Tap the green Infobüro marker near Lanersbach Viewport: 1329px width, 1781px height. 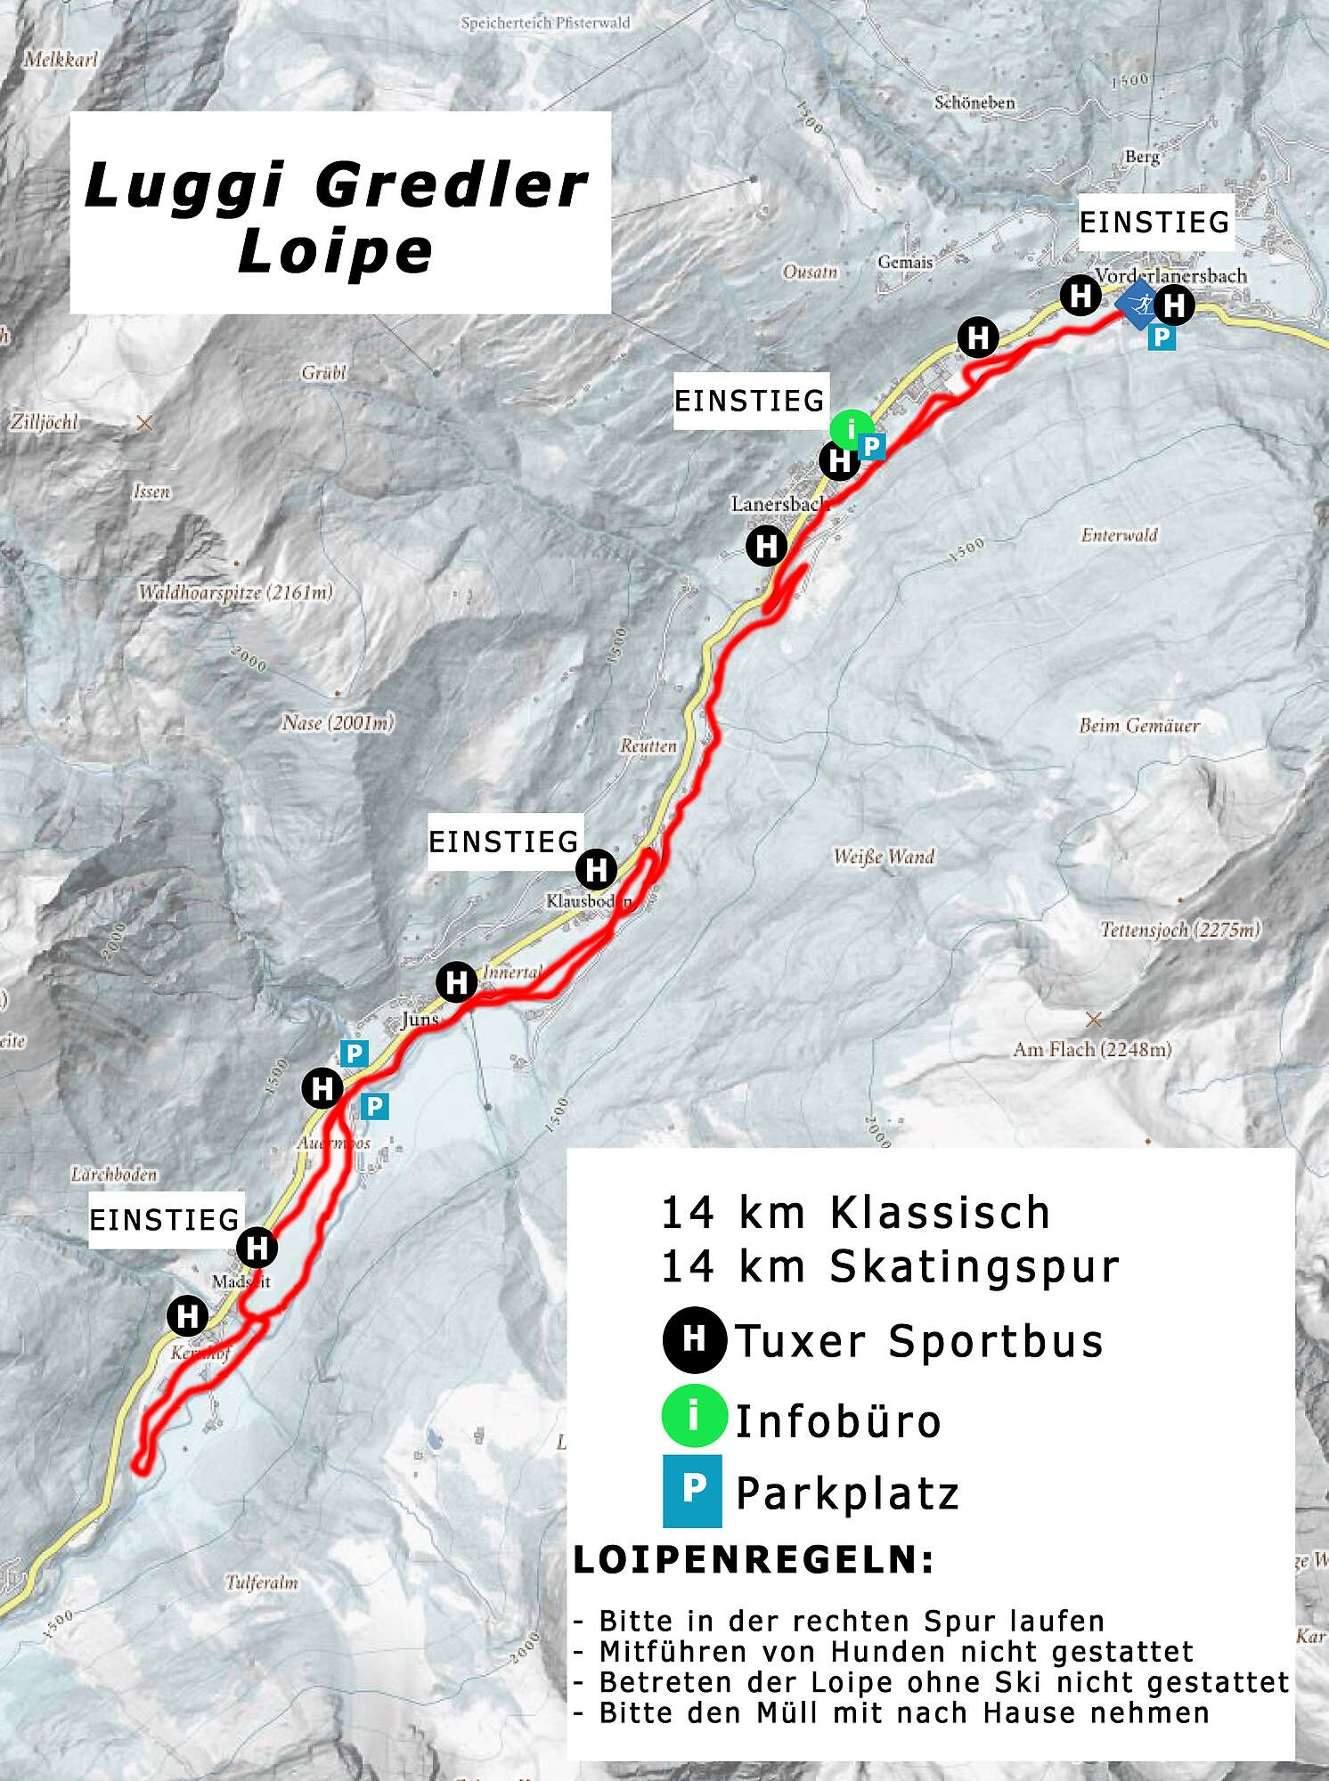pos(851,428)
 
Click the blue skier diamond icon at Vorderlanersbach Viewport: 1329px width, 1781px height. pos(1138,305)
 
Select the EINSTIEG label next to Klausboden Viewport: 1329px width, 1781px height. pos(504,842)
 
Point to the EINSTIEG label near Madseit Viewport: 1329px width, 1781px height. pos(165,1219)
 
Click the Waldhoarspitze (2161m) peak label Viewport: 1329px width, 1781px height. pos(235,592)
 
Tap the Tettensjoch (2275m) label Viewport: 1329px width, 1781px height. pos(1180,930)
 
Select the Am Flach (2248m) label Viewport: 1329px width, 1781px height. pos(1092,1050)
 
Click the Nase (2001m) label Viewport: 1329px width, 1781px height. pos(338,722)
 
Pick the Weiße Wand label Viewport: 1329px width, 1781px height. pos(884,857)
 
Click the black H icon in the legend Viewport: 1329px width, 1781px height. pos(694,1338)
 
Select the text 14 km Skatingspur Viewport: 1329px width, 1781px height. pos(889,1266)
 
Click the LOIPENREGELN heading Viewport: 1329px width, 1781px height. pos(754,1559)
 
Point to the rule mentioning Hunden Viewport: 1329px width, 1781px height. pos(895,1652)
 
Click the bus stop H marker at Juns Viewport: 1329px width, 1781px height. pos(457,982)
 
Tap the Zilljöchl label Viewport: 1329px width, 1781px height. pos(45,422)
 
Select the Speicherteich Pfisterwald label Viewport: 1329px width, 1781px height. pos(545,23)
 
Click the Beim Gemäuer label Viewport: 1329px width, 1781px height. pos(1139,726)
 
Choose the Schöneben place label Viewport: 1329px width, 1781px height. pos(974,102)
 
